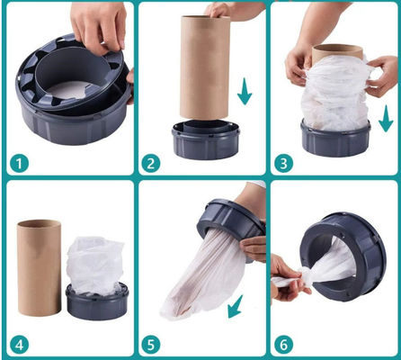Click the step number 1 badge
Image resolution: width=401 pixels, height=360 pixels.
tap(19, 164)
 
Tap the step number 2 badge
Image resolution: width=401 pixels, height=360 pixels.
tap(150, 164)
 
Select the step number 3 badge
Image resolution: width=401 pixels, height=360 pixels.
tap(283, 164)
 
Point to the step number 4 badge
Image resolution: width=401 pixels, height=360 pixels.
tap(19, 345)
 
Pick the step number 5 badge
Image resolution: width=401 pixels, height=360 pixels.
tap(150, 345)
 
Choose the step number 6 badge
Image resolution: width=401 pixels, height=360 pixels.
tap(283, 345)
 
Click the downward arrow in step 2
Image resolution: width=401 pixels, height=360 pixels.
tap(245, 92)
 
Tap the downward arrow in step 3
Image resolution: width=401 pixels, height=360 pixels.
tap(386, 119)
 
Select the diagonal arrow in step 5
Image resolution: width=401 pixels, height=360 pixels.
tap(236, 307)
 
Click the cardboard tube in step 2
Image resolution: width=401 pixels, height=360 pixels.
tap(205, 67)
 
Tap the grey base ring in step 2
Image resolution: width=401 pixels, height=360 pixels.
tap(206, 139)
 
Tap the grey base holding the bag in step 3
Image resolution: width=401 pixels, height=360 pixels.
tap(335, 138)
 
